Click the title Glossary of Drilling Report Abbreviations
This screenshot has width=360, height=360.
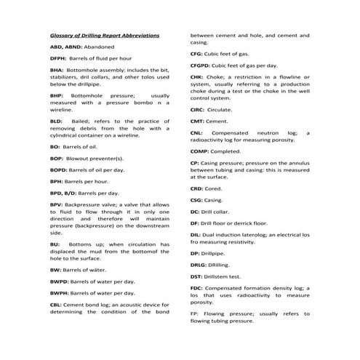click(x=105, y=36)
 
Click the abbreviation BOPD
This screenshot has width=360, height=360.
click(x=60, y=169)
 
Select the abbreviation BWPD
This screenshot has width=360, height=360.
click(x=60, y=281)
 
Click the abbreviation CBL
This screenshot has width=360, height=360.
click(x=56, y=305)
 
